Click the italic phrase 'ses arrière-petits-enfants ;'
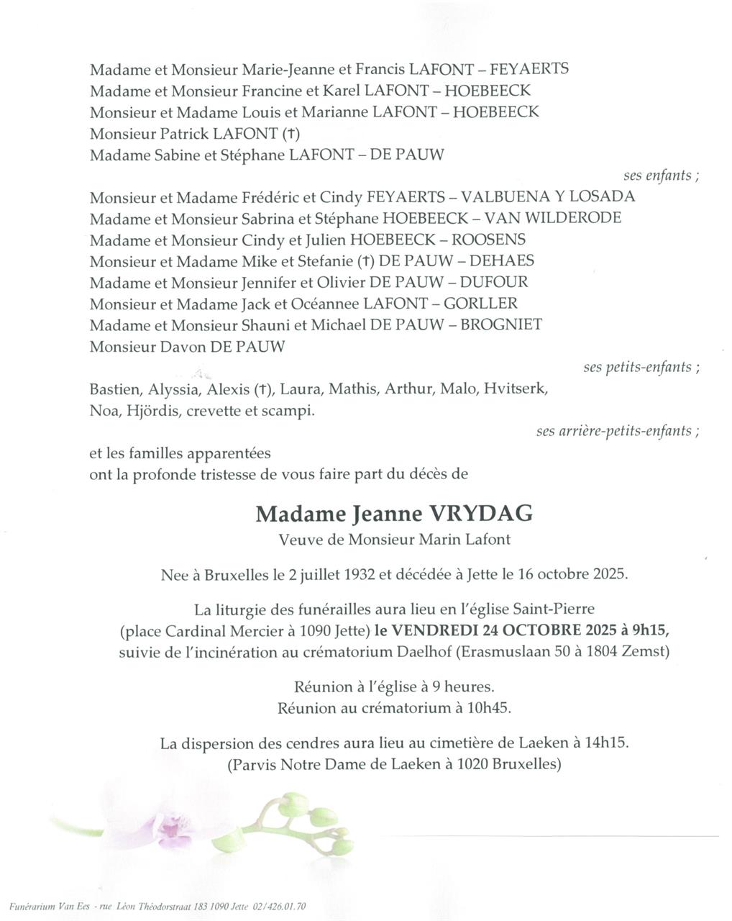coord(618,431)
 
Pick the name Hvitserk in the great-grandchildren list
coord(516,390)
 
